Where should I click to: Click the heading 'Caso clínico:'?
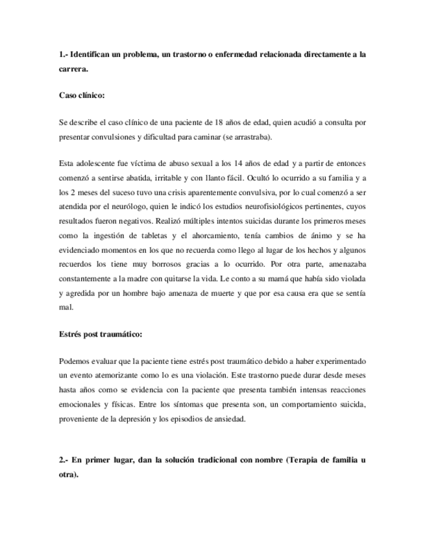click(x=82, y=95)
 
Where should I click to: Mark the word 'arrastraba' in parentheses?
click(x=251, y=137)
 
